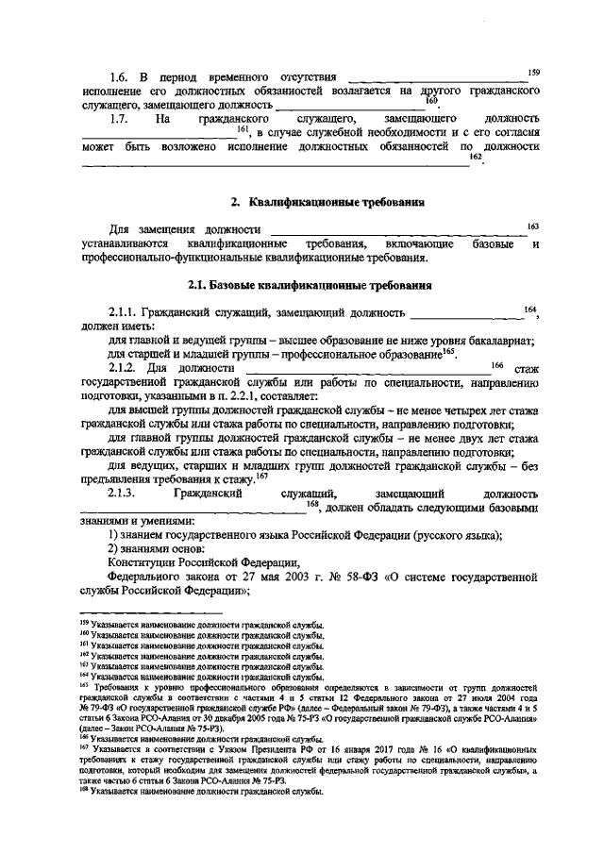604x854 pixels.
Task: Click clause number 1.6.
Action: (119, 75)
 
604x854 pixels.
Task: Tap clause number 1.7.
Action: (119, 120)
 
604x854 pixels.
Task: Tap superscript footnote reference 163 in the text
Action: (533, 226)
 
